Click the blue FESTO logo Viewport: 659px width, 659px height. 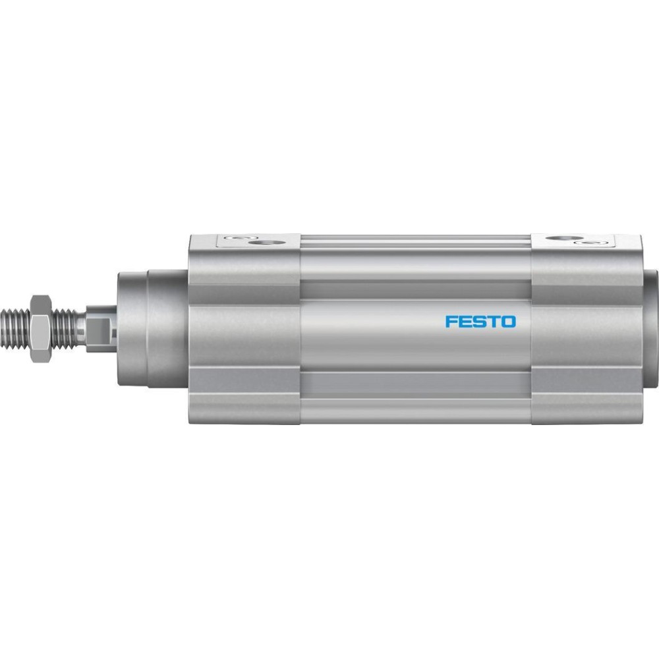(x=480, y=322)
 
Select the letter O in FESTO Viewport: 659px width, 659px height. (x=508, y=322)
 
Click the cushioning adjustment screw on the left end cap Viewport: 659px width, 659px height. (x=236, y=239)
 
